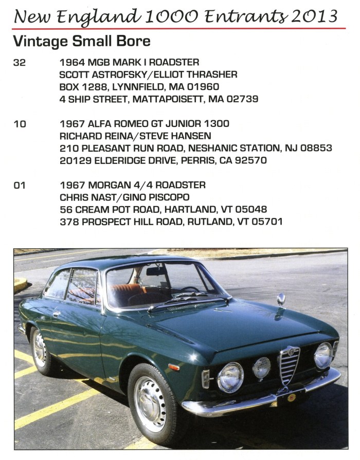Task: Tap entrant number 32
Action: [x=19, y=63]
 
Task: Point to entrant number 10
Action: [x=19, y=124]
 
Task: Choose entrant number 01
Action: [x=19, y=185]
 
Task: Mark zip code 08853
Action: [x=316, y=148]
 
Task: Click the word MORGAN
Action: [x=102, y=185]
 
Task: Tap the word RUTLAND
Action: [x=212, y=222]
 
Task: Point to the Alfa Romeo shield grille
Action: [x=289, y=364]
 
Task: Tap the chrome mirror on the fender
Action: [x=281, y=300]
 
